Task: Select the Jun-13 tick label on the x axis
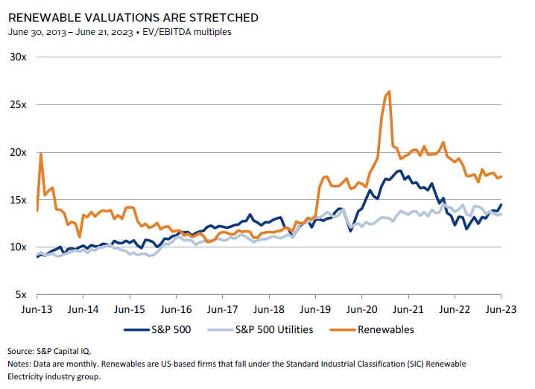37,309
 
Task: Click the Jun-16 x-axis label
176,309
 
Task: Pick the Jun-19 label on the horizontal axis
315,309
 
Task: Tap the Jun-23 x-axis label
500,309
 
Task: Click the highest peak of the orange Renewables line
389,92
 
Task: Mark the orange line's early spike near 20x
41,154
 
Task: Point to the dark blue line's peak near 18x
400,171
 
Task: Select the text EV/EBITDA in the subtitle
186,32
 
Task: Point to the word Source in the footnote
21,350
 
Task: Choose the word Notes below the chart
19,364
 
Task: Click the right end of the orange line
501,176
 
